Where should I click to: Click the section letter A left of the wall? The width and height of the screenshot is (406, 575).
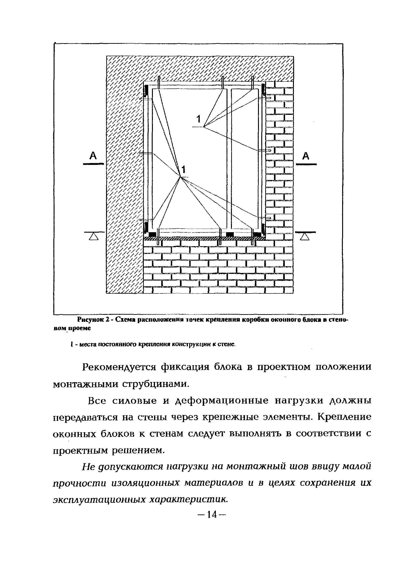(93, 156)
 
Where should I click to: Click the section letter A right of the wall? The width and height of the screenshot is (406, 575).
(306, 156)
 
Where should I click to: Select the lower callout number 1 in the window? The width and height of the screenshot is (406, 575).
(184, 170)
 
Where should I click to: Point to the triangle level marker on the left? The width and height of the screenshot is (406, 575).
(94, 236)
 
